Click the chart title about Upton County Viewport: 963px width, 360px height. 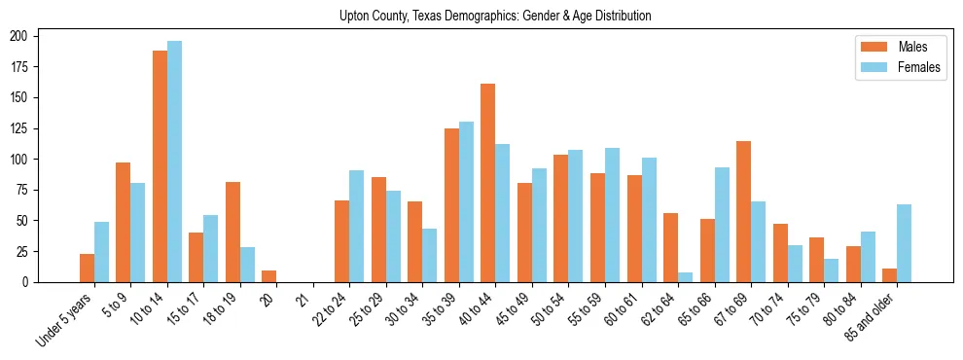coord(495,17)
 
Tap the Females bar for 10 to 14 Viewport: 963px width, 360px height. coord(174,162)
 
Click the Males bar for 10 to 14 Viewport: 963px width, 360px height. coord(160,166)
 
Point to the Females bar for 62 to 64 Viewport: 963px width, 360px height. coord(686,277)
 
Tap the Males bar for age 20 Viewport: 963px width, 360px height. coord(269,276)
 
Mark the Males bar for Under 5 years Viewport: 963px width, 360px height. coord(87,268)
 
